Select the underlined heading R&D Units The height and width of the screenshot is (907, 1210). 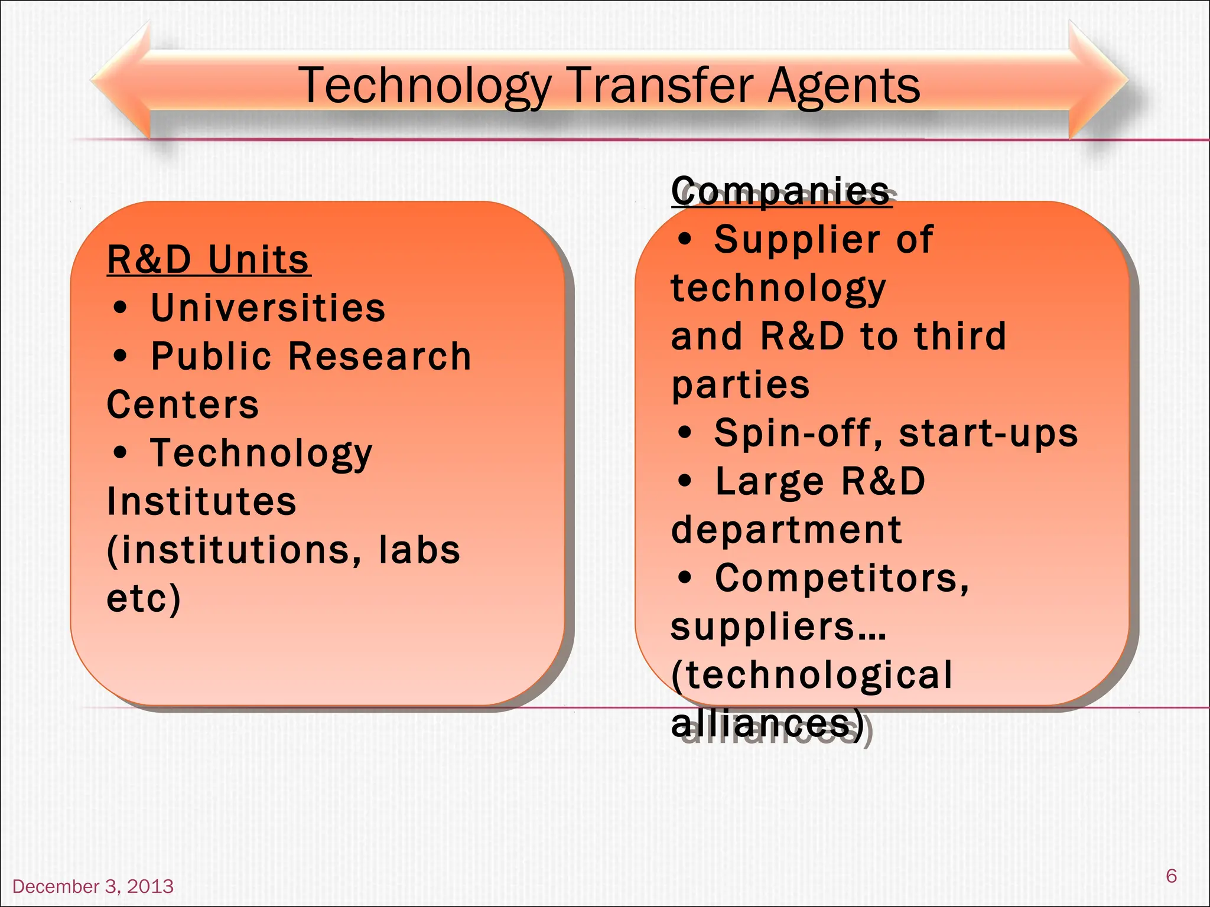pyautogui.click(x=208, y=260)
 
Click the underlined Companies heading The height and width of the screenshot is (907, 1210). pyautogui.click(x=780, y=191)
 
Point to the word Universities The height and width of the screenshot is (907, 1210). pyautogui.click(x=268, y=308)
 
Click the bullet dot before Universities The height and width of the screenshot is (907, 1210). pyautogui.click(x=120, y=308)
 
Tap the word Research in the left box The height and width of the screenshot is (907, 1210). pyautogui.click(x=379, y=357)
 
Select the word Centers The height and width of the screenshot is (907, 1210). pyautogui.click(x=183, y=405)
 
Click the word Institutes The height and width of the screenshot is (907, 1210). pyautogui.click(x=201, y=502)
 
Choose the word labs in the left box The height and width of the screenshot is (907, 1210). pyautogui.click(x=419, y=550)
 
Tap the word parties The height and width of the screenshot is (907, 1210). pyautogui.click(x=740, y=385)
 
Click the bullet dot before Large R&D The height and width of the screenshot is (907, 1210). pyautogui.click(x=685, y=481)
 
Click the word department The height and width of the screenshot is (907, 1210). pyautogui.click(x=786, y=530)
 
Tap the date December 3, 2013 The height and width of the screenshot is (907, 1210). pyautogui.click(x=93, y=886)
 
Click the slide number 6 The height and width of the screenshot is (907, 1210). pyautogui.click(x=1172, y=876)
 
